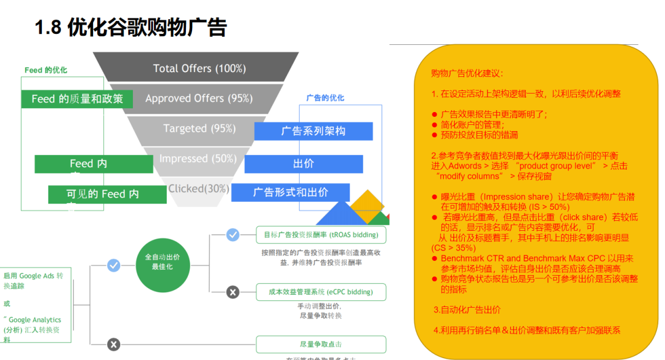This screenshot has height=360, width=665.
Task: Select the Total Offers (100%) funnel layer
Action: pos(199,68)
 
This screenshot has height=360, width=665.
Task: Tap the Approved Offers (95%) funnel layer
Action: pos(199,98)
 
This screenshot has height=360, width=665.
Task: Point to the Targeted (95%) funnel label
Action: pos(199,128)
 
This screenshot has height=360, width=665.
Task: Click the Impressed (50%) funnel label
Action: pos(198,158)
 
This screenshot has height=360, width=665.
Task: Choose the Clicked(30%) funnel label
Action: pos(198,188)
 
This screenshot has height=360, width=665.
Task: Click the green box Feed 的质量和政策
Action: pos(78,98)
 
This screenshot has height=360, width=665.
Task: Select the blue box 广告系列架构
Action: pos(313,131)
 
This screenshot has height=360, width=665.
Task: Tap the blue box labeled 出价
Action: pos(304,164)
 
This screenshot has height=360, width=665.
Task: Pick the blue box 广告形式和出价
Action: pos(291,193)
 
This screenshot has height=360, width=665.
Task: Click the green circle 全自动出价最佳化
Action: pos(163,262)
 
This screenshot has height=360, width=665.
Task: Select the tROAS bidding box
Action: pos(321,234)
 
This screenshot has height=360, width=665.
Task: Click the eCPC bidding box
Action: pos(321,292)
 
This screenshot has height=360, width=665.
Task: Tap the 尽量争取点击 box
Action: pos(321,345)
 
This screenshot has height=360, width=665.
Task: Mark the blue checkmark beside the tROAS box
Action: pos(233,234)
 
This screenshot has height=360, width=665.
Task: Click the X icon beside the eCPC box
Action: pos(233,292)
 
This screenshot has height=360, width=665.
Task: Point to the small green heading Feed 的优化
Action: pos(46,70)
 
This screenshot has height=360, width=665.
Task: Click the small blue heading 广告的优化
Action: pos(325,98)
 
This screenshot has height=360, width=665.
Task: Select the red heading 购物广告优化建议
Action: pos(467,73)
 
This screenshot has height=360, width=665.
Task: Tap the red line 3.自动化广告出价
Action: pos(467,310)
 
